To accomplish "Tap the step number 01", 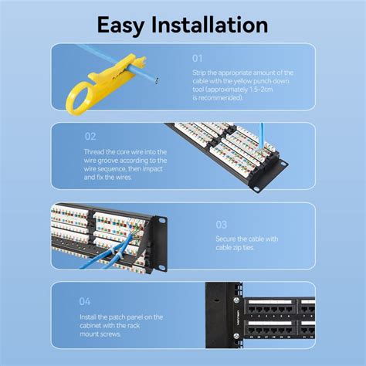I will tap(198, 58).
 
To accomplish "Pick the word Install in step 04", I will tap(90, 317).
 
